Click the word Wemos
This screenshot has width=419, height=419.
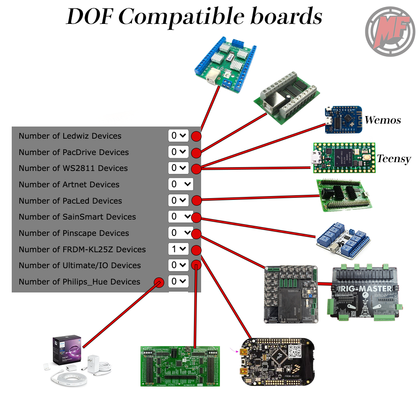pos(382,120)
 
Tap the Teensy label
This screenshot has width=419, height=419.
pos(393,159)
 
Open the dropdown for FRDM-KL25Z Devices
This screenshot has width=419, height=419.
pos(178,249)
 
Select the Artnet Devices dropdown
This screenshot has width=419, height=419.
pos(181,184)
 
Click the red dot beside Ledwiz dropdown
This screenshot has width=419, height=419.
pos(196,136)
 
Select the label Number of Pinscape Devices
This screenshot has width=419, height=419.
pos(74,233)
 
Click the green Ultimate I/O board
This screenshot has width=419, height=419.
pos(180,366)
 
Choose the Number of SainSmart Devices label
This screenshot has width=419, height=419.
pos(77,217)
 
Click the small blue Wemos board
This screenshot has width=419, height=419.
pos(343,119)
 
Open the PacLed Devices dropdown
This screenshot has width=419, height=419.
pos(178,201)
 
